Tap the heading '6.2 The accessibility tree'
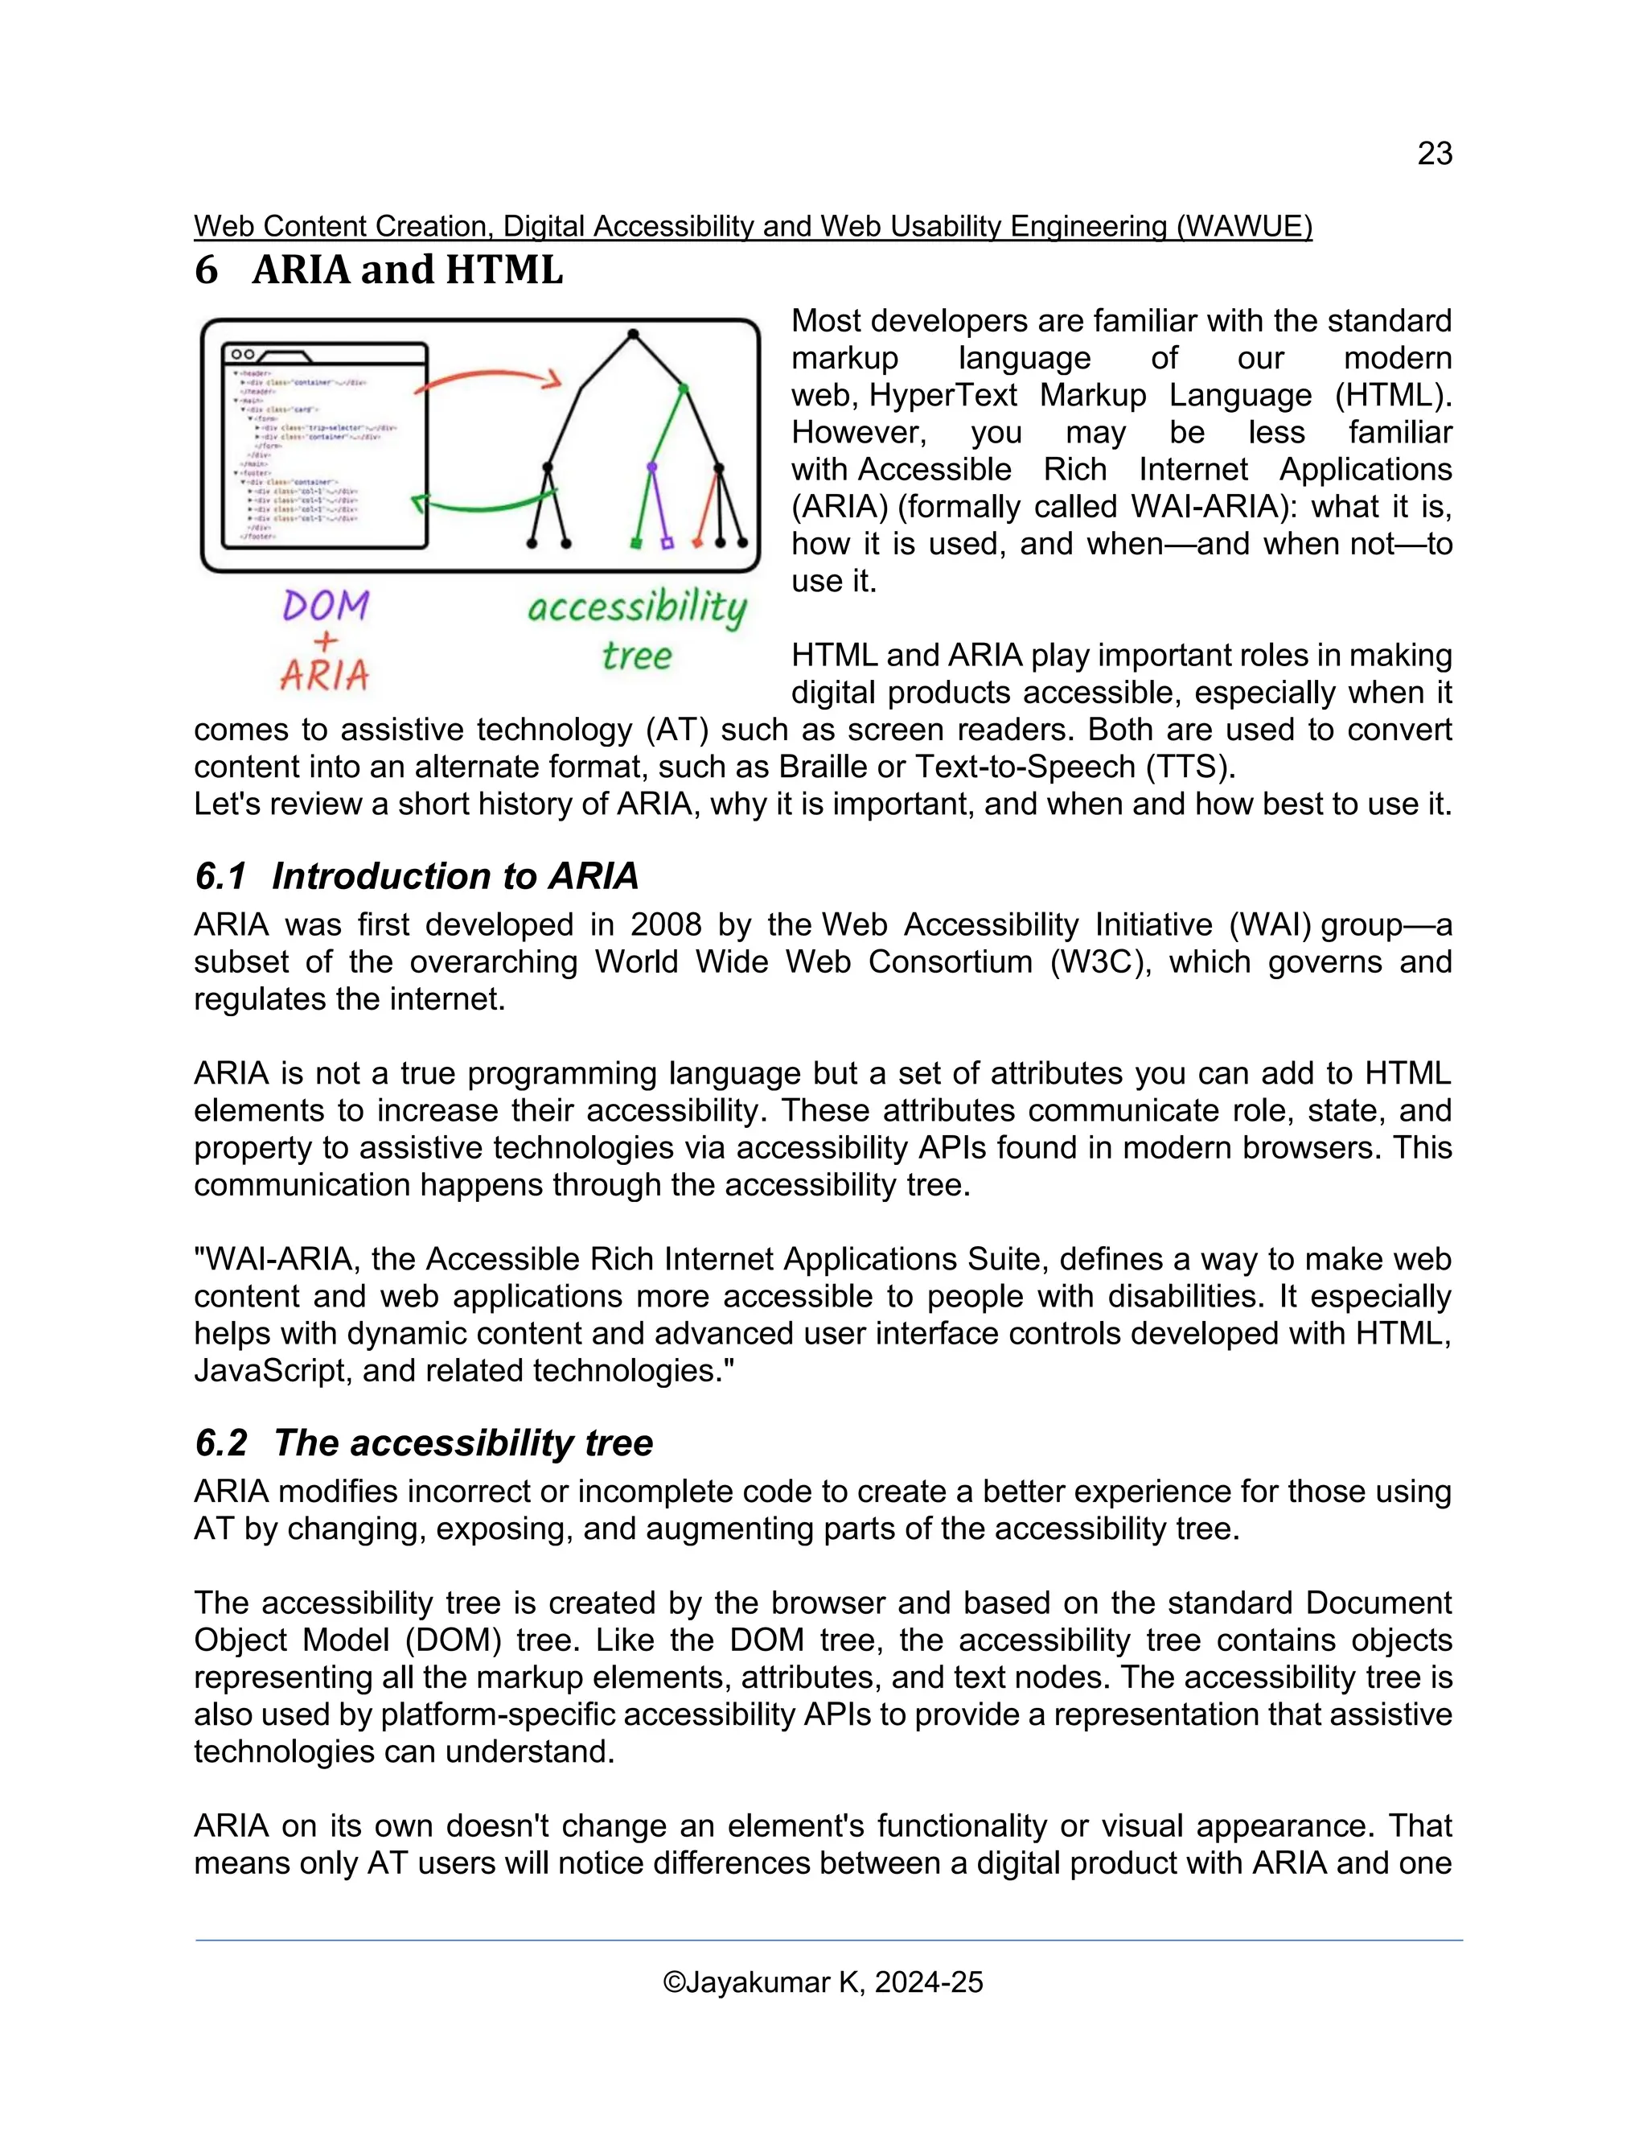click(x=424, y=1443)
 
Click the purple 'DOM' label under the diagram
click(x=326, y=607)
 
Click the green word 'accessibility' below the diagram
click(x=636, y=608)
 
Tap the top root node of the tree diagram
click(x=632, y=335)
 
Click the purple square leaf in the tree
click(x=667, y=543)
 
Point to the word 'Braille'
click(x=823, y=766)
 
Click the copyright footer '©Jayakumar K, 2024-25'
click(x=823, y=1982)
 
